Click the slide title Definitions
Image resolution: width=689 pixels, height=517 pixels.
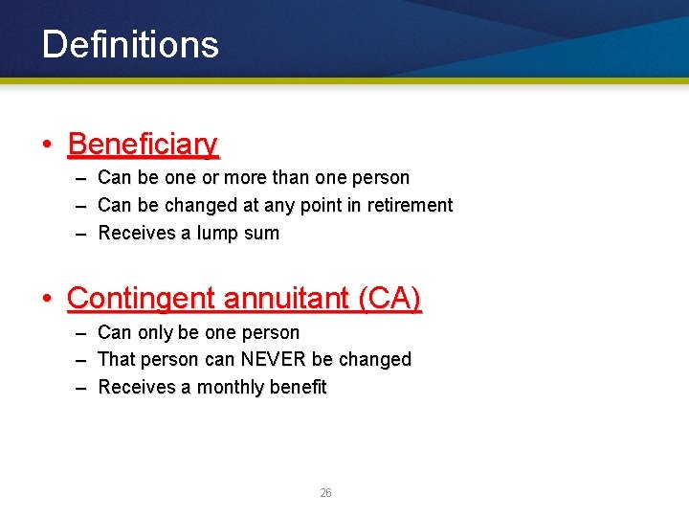click(130, 45)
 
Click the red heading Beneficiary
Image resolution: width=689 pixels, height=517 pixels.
click(144, 145)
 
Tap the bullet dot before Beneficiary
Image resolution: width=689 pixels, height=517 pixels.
click(46, 146)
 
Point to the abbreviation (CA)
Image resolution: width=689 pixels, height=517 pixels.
click(389, 299)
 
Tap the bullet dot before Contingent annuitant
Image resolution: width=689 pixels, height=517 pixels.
click(46, 300)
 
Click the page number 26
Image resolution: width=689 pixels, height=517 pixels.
click(325, 493)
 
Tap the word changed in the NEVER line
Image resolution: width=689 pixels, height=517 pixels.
click(375, 360)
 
